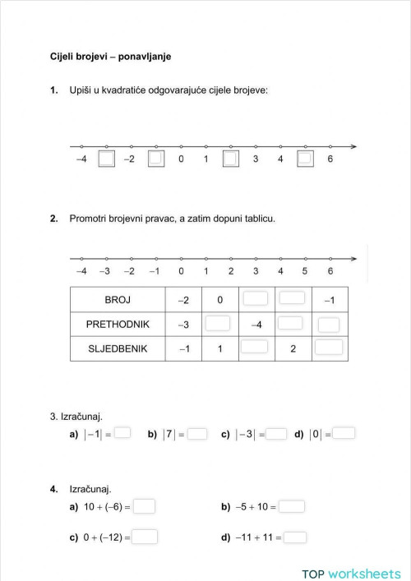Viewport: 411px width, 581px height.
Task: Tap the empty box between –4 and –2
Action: (x=106, y=159)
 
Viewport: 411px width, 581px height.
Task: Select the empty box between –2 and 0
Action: (x=156, y=159)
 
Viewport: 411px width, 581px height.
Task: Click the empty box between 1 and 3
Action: (x=231, y=159)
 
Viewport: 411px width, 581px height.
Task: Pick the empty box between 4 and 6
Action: (x=305, y=159)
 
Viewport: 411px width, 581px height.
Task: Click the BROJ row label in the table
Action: (x=118, y=300)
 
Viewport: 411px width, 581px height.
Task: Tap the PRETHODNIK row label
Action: (x=118, y=324)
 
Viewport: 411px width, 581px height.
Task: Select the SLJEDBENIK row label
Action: (x=118, y=348)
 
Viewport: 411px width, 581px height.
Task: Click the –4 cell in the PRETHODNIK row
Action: (x=255, y=325)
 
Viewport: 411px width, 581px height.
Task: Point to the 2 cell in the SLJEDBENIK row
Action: (x=293, y=348)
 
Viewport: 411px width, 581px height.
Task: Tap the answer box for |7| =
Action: (x=197, y=433)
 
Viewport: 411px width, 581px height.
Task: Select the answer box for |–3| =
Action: (x=276, y=433)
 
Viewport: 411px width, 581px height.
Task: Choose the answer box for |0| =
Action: (x=344, y=433)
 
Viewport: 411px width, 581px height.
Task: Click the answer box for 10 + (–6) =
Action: (x=144, y=506)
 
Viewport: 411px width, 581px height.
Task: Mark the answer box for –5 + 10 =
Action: (x=292, y=506)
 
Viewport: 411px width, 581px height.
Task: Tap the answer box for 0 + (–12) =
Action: (x=145, y=537)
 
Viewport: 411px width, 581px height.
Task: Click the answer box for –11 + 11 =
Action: (x=295, y=537)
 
